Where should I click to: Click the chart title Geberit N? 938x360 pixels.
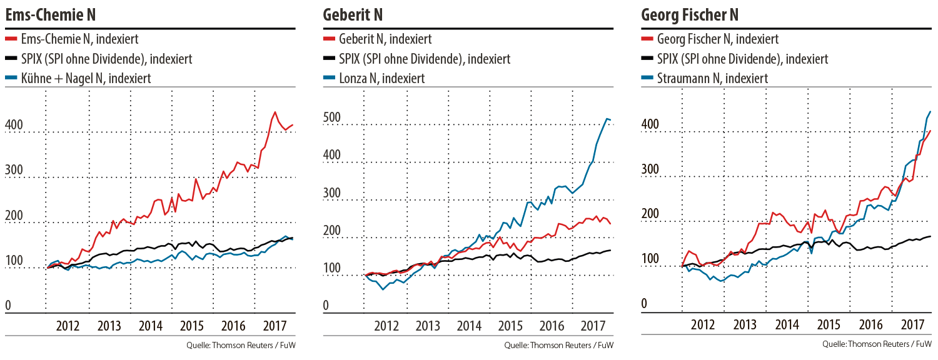(353, 14)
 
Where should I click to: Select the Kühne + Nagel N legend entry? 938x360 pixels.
(86, 78)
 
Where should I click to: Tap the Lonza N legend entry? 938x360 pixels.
(381, 78)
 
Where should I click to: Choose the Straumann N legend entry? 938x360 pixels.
(712, 78)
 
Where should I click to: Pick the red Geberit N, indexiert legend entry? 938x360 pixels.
(385, 39)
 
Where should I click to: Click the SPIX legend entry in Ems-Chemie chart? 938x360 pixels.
(106, 59)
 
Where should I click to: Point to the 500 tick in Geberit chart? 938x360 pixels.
(331, 119)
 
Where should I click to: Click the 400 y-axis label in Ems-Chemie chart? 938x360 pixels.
(14, 126)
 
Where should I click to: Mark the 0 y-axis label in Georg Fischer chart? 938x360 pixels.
(644, 304)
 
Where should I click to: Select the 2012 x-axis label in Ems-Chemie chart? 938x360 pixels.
(68, 326)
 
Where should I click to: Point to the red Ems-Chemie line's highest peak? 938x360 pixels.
(275, 112)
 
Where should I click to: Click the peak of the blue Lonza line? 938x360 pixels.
(605, 118)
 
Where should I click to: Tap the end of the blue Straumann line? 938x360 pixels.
(930, 112)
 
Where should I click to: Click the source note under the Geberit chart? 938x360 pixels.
(559, 345)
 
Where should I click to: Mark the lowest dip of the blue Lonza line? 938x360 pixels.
(383, 289)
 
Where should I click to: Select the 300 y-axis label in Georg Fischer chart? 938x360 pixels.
(650, 169)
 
